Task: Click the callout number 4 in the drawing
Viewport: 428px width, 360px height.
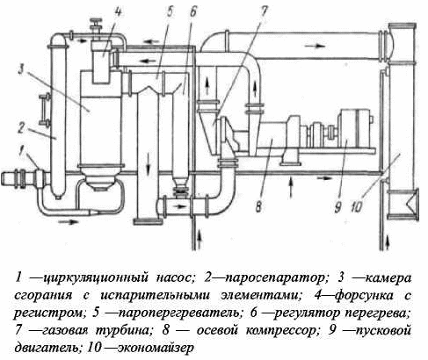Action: pos(118,12)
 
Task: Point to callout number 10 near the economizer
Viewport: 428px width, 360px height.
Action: pos(357,207)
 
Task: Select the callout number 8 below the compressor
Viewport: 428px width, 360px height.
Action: pos(258,207)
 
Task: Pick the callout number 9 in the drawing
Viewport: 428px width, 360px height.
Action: pos(337,207)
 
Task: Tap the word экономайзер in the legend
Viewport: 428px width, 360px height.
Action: pos(156,348)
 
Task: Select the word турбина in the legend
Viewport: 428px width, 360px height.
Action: pos(125,330)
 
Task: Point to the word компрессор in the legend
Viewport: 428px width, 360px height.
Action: pos(282,330)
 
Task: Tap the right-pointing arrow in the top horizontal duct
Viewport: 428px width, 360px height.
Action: pos(315,46)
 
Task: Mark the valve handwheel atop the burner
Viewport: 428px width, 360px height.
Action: pos(96,21)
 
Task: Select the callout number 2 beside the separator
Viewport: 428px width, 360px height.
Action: pos(21,128)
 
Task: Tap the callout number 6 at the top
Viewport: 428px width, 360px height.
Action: pos(192,12)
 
